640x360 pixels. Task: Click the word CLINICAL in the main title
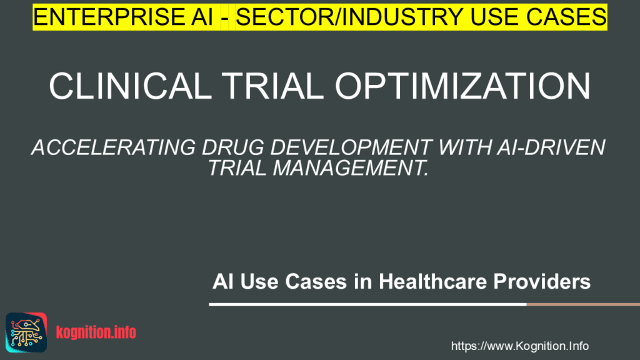[x=130, y=86]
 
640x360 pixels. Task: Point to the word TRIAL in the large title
[x=272, y=86]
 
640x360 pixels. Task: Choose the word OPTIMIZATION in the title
[x=462, y=86]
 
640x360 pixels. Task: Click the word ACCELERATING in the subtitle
[x=114, y=147]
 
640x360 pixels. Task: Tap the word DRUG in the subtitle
[x=233, y=147]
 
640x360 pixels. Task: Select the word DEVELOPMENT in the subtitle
[x=351, y=147]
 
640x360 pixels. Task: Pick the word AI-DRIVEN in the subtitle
[x=551, y=147]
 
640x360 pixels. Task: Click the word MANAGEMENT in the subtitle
[x=350, y=167]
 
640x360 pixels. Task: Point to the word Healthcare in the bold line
[x=432, y=282]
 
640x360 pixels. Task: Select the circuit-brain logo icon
[x=26, y=332]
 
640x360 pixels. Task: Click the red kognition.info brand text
[x=96, y=332]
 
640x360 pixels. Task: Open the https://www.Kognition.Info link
[x=519, y=346]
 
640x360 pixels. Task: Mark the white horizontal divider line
[x=367, y=304]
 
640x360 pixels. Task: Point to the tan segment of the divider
[x=583, y=304]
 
